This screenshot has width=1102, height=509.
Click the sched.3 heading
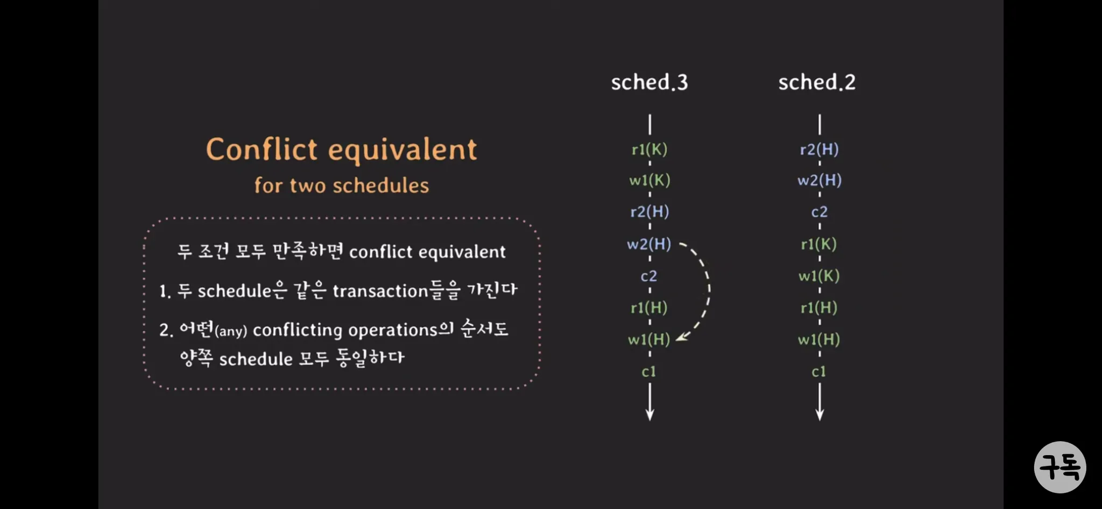[649, 82]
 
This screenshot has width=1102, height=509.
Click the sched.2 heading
[817, 82]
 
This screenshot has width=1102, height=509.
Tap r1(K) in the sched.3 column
[649, 149]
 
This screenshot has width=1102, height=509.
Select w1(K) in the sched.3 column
[649, 180]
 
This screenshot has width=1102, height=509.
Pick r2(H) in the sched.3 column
[649, 211]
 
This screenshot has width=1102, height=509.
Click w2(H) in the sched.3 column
[649, 244]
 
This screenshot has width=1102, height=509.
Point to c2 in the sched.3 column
[649, 276]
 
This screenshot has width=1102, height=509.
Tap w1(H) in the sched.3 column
[649, 340]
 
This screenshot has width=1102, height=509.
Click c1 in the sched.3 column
[649, 372]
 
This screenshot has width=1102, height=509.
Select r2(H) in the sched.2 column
[819, 149]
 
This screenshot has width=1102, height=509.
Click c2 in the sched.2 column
[819, 212]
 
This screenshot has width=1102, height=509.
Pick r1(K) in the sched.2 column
[819, 244]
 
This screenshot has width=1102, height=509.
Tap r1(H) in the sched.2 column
[819, 308]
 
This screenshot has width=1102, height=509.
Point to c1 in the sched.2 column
[819, 372]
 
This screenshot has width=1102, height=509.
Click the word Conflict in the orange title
[262, 149]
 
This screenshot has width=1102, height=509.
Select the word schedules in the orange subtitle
[380, 186]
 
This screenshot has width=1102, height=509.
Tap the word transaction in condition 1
[380, 291]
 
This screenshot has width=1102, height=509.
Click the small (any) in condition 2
[231, 331]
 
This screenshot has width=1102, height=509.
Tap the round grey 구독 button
[1060, 467]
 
